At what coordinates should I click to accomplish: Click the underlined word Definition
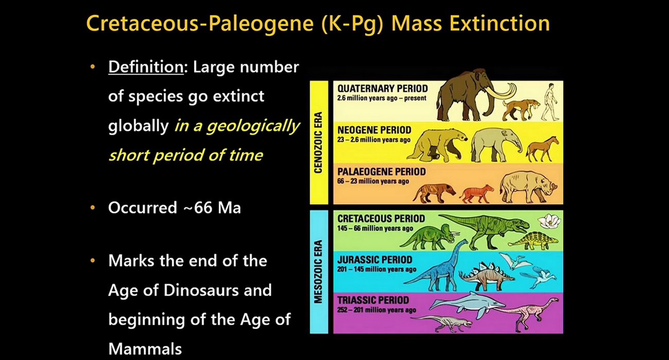pos(146,67)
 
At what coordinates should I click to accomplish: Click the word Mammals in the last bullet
pos(145,349)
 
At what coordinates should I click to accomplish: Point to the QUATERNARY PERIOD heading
pos(382,88)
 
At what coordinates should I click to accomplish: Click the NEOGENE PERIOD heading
pos(374,130)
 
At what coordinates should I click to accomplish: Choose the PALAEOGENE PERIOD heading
pos(382,172)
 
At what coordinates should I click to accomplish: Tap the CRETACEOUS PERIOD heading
pos(381,219)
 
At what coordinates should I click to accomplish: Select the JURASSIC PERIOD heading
pos(375,260)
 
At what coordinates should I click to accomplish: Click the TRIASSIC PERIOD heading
pos(373,300)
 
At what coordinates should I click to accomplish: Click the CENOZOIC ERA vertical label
pos(319,142)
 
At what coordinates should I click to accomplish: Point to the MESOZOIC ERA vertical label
pos(319,272)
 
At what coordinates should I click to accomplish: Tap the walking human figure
pos(550,102)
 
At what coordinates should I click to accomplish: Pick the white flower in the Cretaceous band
pos(549,222)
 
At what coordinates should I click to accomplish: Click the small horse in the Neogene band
pos(542,149)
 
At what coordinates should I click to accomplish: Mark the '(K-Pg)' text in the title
pos(353,24)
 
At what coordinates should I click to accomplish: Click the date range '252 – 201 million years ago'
pos(377,310)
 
